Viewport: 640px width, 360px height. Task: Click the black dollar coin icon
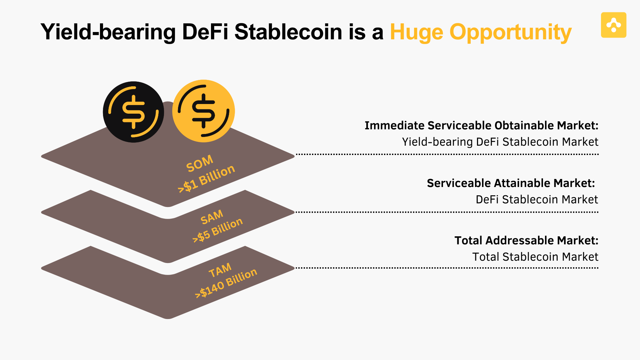click(x=133, y=112)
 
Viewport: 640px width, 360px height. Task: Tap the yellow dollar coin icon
click(x=203, y=111)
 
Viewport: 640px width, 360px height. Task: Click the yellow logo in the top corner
click(x=614, y=25)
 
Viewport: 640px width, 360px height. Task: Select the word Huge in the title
click(x=416, y=33)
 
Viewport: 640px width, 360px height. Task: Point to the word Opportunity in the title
click(x=511, y=33)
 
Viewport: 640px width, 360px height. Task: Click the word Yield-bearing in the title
click(x=108, y=33)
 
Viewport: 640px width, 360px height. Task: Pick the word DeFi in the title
click(x=205, y=32)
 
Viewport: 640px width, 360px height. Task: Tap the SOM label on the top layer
click(x=200, y=164)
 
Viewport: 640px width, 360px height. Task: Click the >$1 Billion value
click(x=207, y=179)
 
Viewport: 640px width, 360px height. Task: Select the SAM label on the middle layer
click(x=212, y=217)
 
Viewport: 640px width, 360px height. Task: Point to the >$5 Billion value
click(x=217, y=230)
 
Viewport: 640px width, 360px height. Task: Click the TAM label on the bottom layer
click(x=220, y=270)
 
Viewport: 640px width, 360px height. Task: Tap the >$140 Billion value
click(x=226, y=283)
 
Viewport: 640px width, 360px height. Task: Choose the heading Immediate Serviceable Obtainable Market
click(x=481, y=126)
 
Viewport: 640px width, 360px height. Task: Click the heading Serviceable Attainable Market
click(x=511, y=183)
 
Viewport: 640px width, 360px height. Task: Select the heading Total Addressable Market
click(x=526, y=241)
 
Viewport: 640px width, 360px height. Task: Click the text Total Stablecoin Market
click(x=535, y=257)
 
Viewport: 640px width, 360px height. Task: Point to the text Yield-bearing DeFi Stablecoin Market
click(x=500, y=142)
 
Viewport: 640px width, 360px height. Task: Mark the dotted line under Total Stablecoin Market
click(x=447, y=268)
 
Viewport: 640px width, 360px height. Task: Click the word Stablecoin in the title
click(x=288, y=32)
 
